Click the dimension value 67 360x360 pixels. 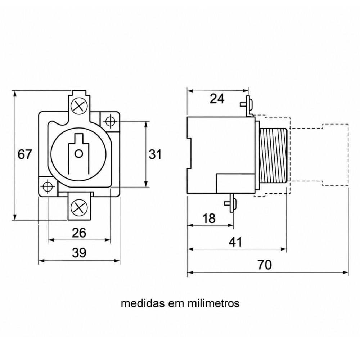pyautogui.click(x=24, y=154)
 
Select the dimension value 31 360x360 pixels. pyautogui.click(x=155, y=154)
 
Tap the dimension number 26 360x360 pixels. pyautogui.click(x=79, y=233)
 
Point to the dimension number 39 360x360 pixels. pyautogui.click(x=79, y=253)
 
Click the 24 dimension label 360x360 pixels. pyautogui.click(x=217, y=99)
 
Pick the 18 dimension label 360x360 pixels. pyautogui.click(x=209, y=219)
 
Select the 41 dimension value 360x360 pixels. pyautogui.click(x=236, y=242)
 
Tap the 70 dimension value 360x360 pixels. pyautogui.click(x=265, y=265)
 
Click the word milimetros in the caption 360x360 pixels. pyautogui.click(x=213, y=303)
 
